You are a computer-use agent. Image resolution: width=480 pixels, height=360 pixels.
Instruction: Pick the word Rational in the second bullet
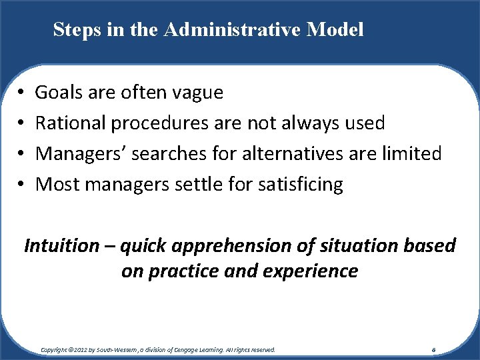click(x=71, y=123)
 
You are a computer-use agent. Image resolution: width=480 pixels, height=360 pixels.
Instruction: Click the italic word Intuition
click(x=61, y=246)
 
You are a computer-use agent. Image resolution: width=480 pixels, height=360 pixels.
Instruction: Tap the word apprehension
click(x=217, y=246)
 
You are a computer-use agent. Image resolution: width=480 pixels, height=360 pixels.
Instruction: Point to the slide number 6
click(x=433, y=349)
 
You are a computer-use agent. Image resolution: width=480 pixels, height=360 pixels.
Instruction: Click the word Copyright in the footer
click(x=55, y=349)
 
